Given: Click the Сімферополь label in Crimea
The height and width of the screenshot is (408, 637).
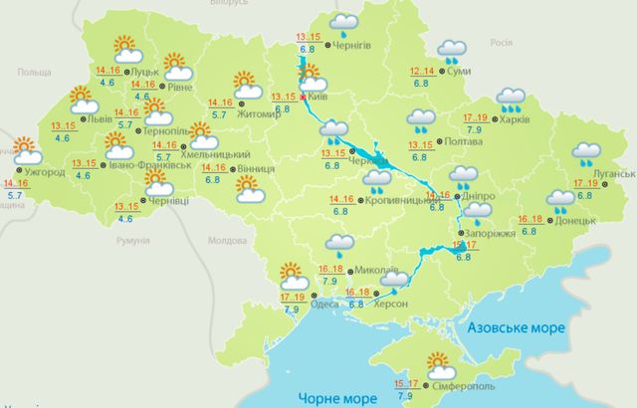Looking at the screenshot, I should (x=462, y=384).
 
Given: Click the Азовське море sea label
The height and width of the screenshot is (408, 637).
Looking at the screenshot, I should (x=516, y=326).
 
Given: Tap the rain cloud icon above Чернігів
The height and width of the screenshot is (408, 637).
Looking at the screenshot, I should (x=345, y=23).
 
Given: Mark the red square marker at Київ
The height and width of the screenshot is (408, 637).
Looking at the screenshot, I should (x=304, y=97).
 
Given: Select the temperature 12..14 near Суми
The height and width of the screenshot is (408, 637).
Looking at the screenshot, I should (x=422, y=71).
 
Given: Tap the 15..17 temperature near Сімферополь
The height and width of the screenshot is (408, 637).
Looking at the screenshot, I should (x=407, y=383).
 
